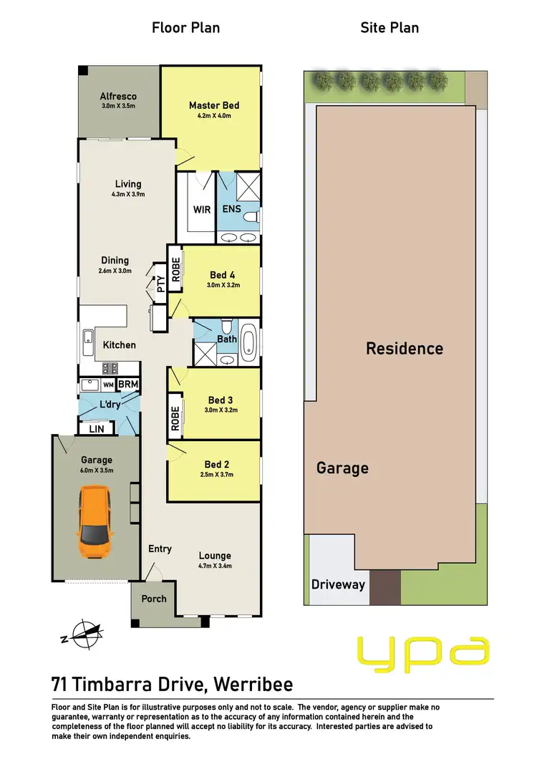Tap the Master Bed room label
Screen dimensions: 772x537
pos(214,105)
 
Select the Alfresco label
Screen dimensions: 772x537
pos(118,96)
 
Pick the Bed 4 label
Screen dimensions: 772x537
pos(222,275)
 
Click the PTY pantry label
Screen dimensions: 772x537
pos(160,284)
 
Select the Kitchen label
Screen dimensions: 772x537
pos(119,344)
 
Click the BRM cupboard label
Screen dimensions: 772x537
pos(128,385)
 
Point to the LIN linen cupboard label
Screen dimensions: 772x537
pos(96,428)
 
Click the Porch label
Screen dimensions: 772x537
pos(154,599)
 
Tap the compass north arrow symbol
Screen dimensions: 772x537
pos(84,632)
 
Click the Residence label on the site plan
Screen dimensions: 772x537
pos(405,349)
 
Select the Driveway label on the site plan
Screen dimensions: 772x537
pos(338,584)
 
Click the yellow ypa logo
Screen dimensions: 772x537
pos(423,651)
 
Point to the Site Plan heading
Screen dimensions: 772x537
pos(390,28)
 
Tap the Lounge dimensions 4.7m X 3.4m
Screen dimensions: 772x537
pos(215,566)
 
